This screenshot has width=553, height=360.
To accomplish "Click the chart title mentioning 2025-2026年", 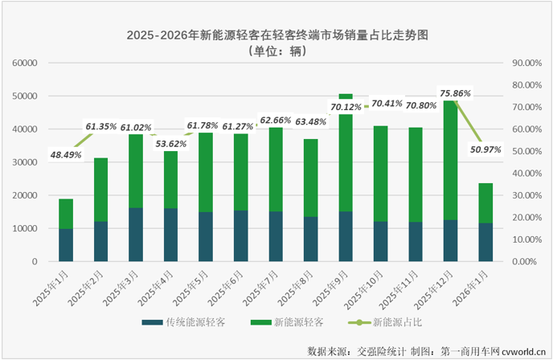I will [277, 35].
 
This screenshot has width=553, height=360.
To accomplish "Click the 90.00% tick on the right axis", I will [527, 63].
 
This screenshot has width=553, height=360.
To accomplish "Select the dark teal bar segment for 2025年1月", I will [66, 245].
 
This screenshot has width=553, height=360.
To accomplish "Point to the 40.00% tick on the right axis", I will [527, 173].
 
